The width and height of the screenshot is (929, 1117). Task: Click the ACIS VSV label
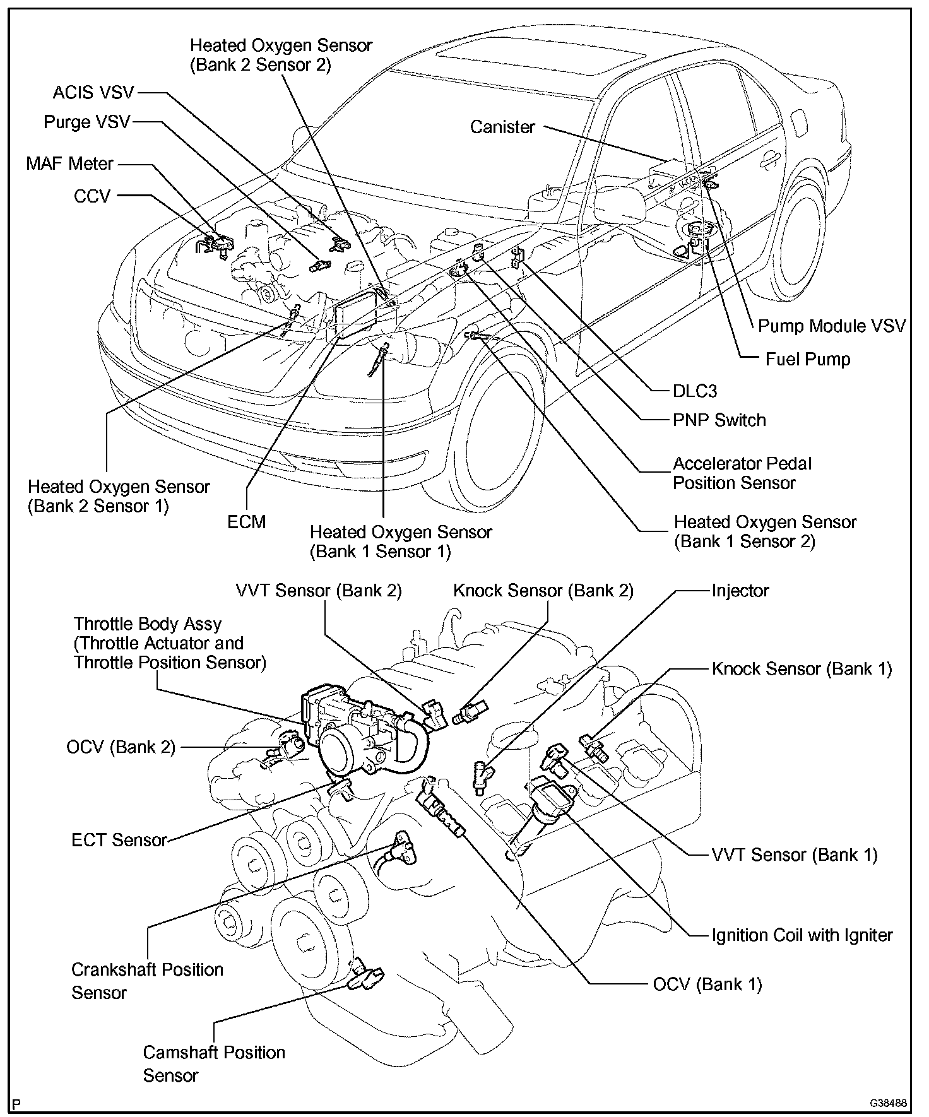pos(93,93)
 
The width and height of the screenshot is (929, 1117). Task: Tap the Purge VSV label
pos(86,122)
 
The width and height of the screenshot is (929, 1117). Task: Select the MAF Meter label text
pos(69,163)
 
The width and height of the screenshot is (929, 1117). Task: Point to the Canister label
pos(502,127)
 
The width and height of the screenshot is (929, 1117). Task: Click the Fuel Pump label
pos(807,359)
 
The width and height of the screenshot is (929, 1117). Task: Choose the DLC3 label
pos(694,391)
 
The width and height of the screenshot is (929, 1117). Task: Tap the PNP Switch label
pos(719,420)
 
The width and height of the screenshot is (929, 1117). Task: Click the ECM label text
pos(247,522)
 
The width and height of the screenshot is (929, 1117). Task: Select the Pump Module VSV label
pos(831,326)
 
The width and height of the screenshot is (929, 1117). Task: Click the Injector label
pos(740,591)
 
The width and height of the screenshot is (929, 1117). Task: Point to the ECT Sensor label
pos(119,840)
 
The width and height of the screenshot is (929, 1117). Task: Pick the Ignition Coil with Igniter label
pos(802,935)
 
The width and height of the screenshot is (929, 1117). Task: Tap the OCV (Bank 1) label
pos(707,984)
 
